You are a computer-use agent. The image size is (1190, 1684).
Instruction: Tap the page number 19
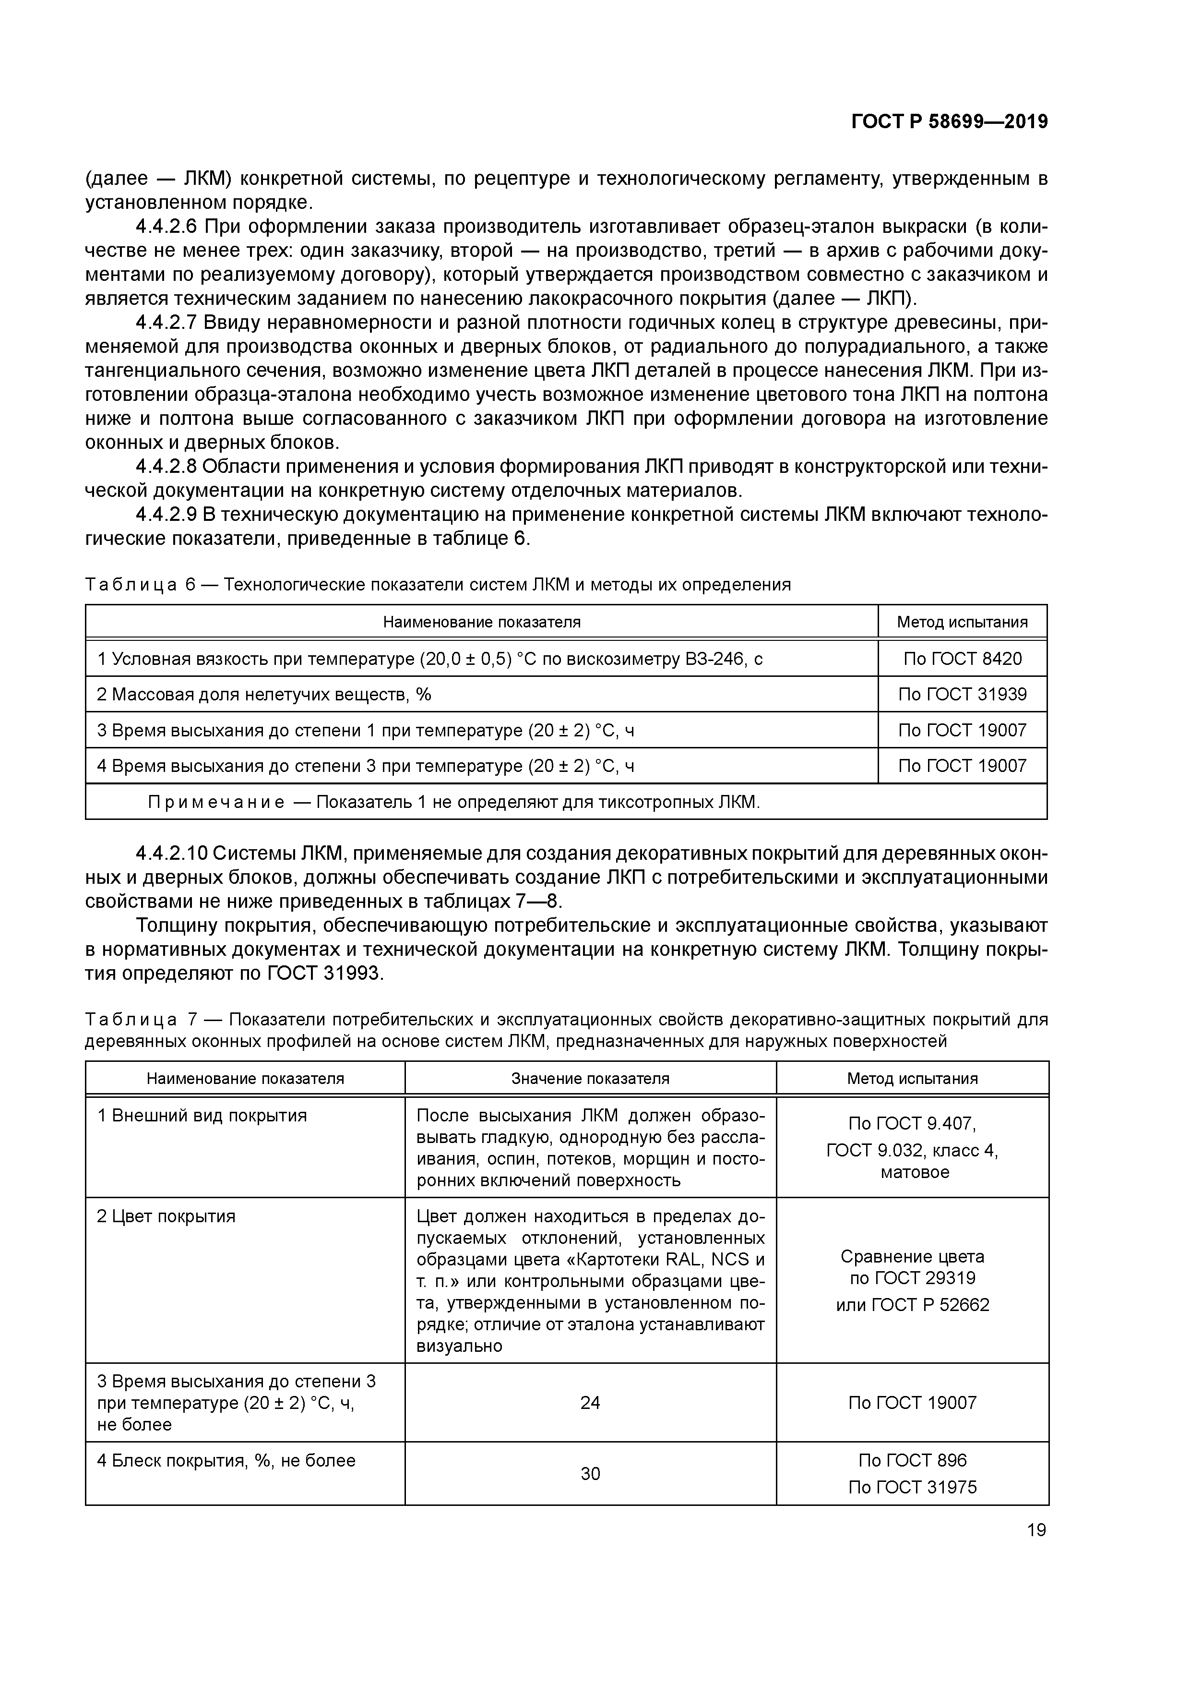(1036, 1530)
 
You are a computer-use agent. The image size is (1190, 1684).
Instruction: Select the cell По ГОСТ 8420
(962, 659)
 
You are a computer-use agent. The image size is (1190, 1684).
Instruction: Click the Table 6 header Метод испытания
(962, 622)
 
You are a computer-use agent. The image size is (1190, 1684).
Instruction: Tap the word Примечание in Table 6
(216, 802)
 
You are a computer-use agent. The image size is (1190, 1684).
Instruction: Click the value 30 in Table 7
(590, 1474)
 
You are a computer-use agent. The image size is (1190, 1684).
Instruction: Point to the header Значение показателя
(590, 1078)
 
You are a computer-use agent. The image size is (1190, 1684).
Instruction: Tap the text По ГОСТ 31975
(912, 1487)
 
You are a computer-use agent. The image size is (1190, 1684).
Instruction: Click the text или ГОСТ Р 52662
(912, 1305)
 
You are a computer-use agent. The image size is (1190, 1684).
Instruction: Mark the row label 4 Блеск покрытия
(226, 1460)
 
